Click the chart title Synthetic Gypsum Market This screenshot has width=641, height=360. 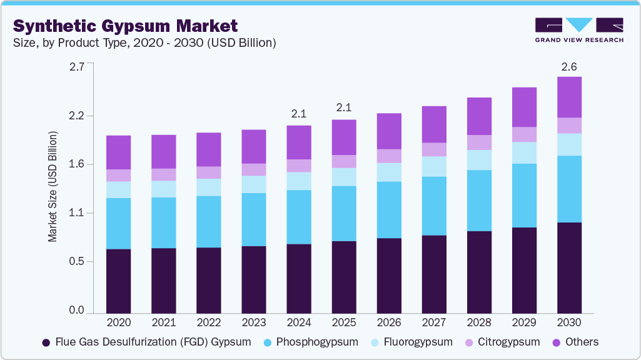pos(125,26)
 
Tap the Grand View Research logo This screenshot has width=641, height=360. pos(578,30)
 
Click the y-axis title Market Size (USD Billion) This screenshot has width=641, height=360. pos(53,187)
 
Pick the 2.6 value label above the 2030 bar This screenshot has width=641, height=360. pos(569,67)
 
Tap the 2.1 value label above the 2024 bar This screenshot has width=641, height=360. pos(299,114)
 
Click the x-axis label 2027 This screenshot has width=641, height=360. pos(434,323)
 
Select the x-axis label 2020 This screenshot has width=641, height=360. pos(119,323)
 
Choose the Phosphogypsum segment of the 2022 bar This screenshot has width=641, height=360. pos(209,222)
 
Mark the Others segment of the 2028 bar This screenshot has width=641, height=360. pos(479,116)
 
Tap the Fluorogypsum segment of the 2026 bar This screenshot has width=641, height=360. pos(389,172)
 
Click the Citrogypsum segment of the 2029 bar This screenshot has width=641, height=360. pos(524,134)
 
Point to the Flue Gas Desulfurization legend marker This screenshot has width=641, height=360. pos(46,342)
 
